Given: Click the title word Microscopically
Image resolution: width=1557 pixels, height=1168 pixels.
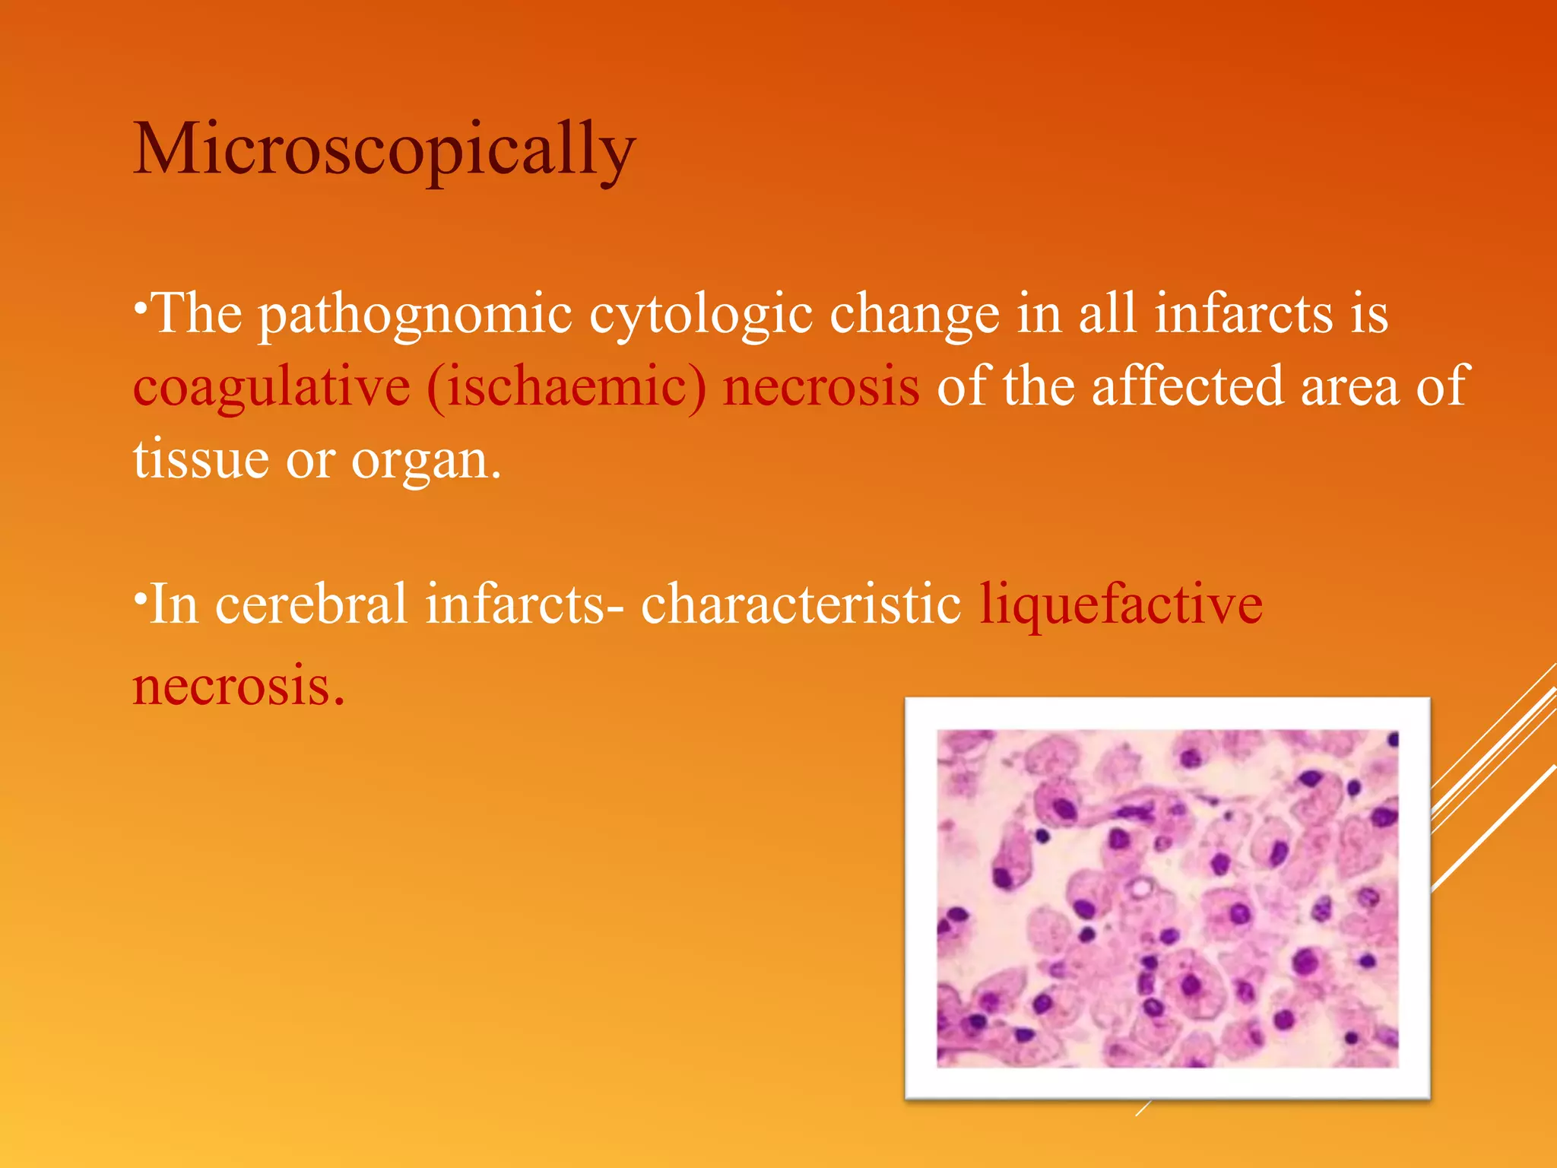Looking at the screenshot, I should click(384, 149).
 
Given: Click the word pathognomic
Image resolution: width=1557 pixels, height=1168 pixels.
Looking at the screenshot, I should click(415, 314).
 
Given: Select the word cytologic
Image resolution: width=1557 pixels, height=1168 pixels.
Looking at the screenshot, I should click(700, 314).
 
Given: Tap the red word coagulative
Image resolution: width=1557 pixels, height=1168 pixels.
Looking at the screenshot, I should click(271, 386).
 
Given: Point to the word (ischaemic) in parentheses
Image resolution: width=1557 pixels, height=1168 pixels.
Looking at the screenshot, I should click(566, 386).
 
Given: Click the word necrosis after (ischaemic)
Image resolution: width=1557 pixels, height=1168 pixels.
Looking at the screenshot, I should click(820, 386).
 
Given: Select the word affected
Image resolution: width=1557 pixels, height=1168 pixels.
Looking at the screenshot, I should click(1187, 386).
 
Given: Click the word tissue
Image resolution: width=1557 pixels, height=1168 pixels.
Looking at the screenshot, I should click(201, 459).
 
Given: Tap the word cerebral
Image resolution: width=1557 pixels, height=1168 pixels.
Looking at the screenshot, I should click(311, 604).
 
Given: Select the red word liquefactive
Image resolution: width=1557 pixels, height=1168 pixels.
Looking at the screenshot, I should click(1121, 604).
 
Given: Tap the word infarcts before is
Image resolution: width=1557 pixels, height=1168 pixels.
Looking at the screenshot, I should click(1243, 314).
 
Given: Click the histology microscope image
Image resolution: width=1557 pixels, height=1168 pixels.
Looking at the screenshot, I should click(1167, 897).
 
